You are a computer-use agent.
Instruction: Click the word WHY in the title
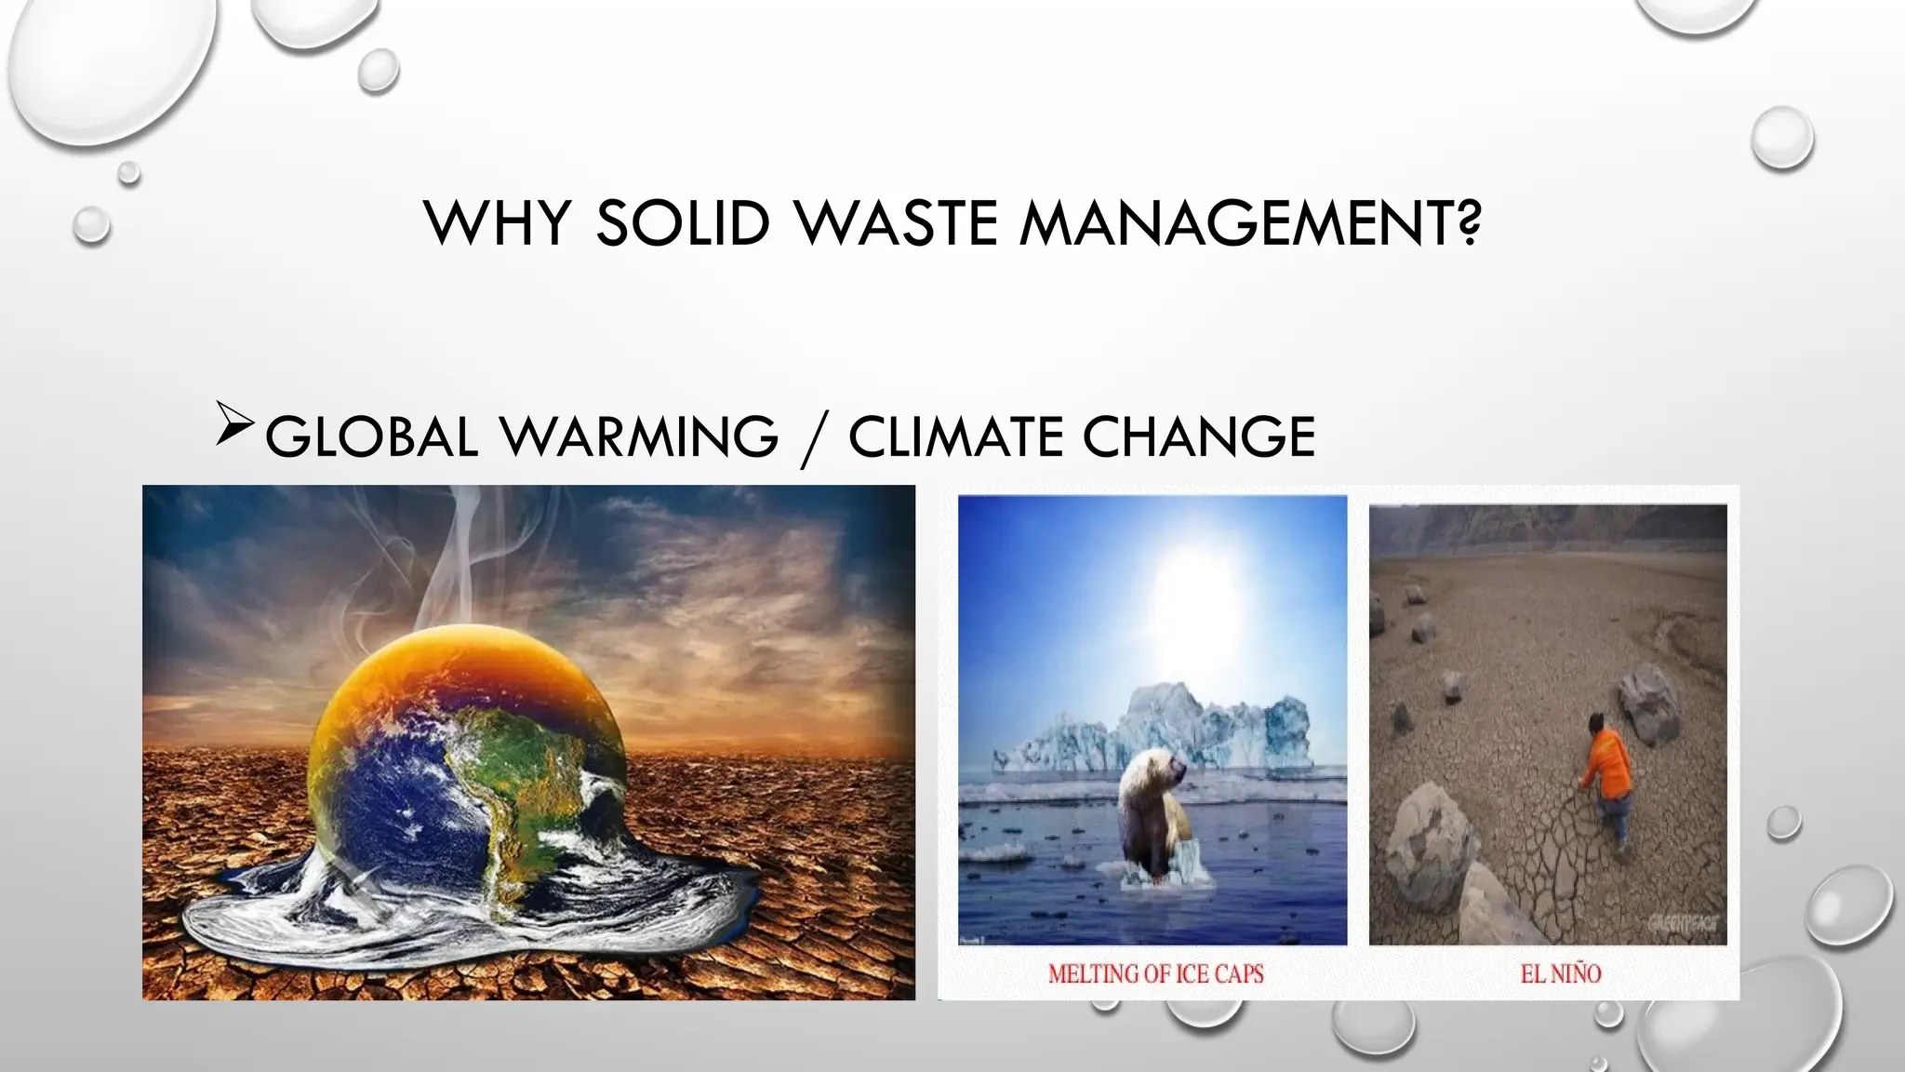pyautogui.click(x=496, y=223)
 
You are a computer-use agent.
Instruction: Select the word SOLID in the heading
pyautogui.click(x=682, y=223)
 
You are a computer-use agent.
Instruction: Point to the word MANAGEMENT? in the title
pyautogui.click(x=1250, y=223)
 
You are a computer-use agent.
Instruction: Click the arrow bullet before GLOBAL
pyautogui.click(x=233, y=423)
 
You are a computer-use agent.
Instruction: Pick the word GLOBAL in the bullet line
pyautogui.click(x=370, y=437)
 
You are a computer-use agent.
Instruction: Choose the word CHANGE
pyautogui.click(x=1199, y=437)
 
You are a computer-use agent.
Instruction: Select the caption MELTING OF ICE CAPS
pyautogui.click(x=1155, y=974)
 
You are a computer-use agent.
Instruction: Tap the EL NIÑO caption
pyautogui.click(x=1560, y=974)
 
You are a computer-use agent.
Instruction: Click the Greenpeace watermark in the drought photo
pyautogui.click(x=1684, y=923)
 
